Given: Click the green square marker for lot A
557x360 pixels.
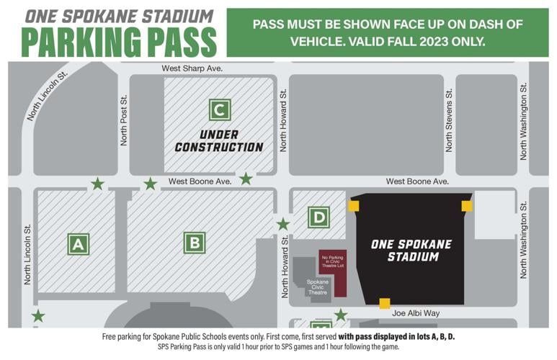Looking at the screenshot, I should pos(78,244).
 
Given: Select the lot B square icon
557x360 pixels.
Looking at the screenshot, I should pos(194,243).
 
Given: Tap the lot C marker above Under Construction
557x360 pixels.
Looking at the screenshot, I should pos(220,109).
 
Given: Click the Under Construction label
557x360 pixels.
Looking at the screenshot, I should pos(219,141).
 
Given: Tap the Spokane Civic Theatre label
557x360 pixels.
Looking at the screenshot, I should pos(318,287).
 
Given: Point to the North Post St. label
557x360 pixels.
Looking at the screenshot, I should pos(124,120).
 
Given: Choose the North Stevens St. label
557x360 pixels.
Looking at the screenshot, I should pos(449,120).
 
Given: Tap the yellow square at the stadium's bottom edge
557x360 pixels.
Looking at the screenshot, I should pos(385,303).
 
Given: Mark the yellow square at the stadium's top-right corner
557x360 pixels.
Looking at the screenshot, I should pos(467,206).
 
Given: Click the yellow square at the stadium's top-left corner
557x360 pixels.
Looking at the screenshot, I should pos(353,206).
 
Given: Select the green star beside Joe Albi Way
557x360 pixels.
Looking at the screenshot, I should pos(341,315).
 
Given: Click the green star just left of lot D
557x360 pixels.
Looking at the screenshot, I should pos(283,224).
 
